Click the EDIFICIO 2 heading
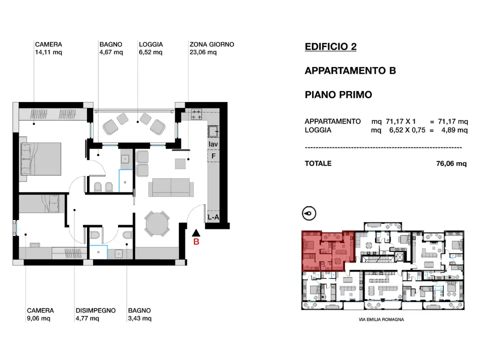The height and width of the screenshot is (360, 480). [330, 47]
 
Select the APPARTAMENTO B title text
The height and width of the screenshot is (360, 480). [350, 70]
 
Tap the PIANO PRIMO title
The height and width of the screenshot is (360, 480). [338, 94]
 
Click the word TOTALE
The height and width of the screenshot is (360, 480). [318, 163]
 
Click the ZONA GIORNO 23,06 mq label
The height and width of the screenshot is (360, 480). [211, 48]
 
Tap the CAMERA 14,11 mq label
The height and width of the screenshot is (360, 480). [48, 48]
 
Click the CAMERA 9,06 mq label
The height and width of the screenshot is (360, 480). [40, 314]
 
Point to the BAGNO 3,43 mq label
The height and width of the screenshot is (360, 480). [139, 314]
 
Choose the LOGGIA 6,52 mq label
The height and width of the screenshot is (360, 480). [150, 48]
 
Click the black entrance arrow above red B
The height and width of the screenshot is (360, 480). [196, 232]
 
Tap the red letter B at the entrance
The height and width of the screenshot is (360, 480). [196, 242]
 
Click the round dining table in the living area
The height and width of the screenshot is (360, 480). [157, 223]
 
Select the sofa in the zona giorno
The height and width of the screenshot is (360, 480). [171, 187]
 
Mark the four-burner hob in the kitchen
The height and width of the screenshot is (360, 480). [196, 114]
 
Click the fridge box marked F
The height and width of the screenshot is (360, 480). [213, 156]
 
